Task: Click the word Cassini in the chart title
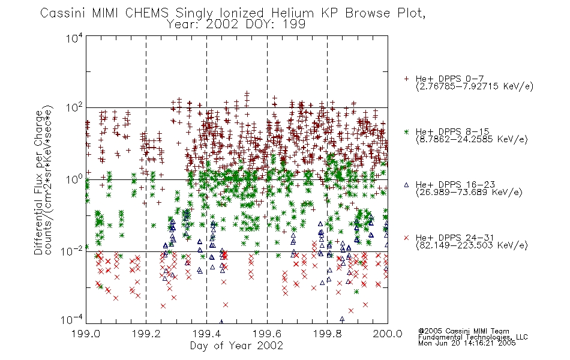click(63, 13)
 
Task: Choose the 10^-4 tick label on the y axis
click(73, 320)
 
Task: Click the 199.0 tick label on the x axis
click(86, 334)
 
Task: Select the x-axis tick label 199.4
click(207, 334)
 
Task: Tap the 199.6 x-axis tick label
click(267, 334)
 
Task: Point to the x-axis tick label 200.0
click(388, 334)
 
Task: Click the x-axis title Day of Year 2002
click(236, 346)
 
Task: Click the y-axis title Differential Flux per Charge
click(38, 183)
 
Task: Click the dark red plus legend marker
click(407, 79)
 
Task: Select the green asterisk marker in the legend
click(407, 131)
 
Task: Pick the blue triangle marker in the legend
click(407, 185)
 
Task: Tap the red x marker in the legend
click(407, 238)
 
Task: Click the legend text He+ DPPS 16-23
click(455, 185)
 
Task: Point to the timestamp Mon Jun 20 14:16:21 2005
click(467, 343)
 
